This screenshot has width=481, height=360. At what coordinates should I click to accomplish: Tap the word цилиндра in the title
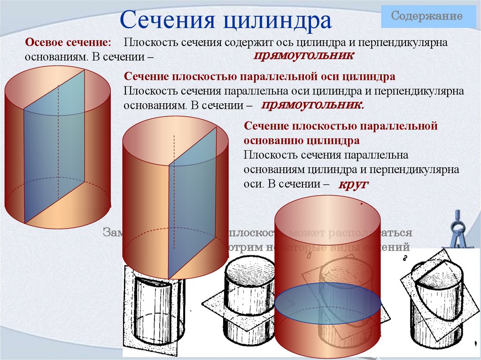(x=277, y=21)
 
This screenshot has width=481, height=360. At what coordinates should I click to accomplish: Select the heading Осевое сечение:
(x=68, y=42)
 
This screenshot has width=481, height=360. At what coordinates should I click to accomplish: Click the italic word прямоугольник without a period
(x=303, y=55)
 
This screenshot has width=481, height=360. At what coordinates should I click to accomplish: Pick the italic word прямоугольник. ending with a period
(x=312, y=105)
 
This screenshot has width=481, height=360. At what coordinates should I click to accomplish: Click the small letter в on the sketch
(x=310, y=256)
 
